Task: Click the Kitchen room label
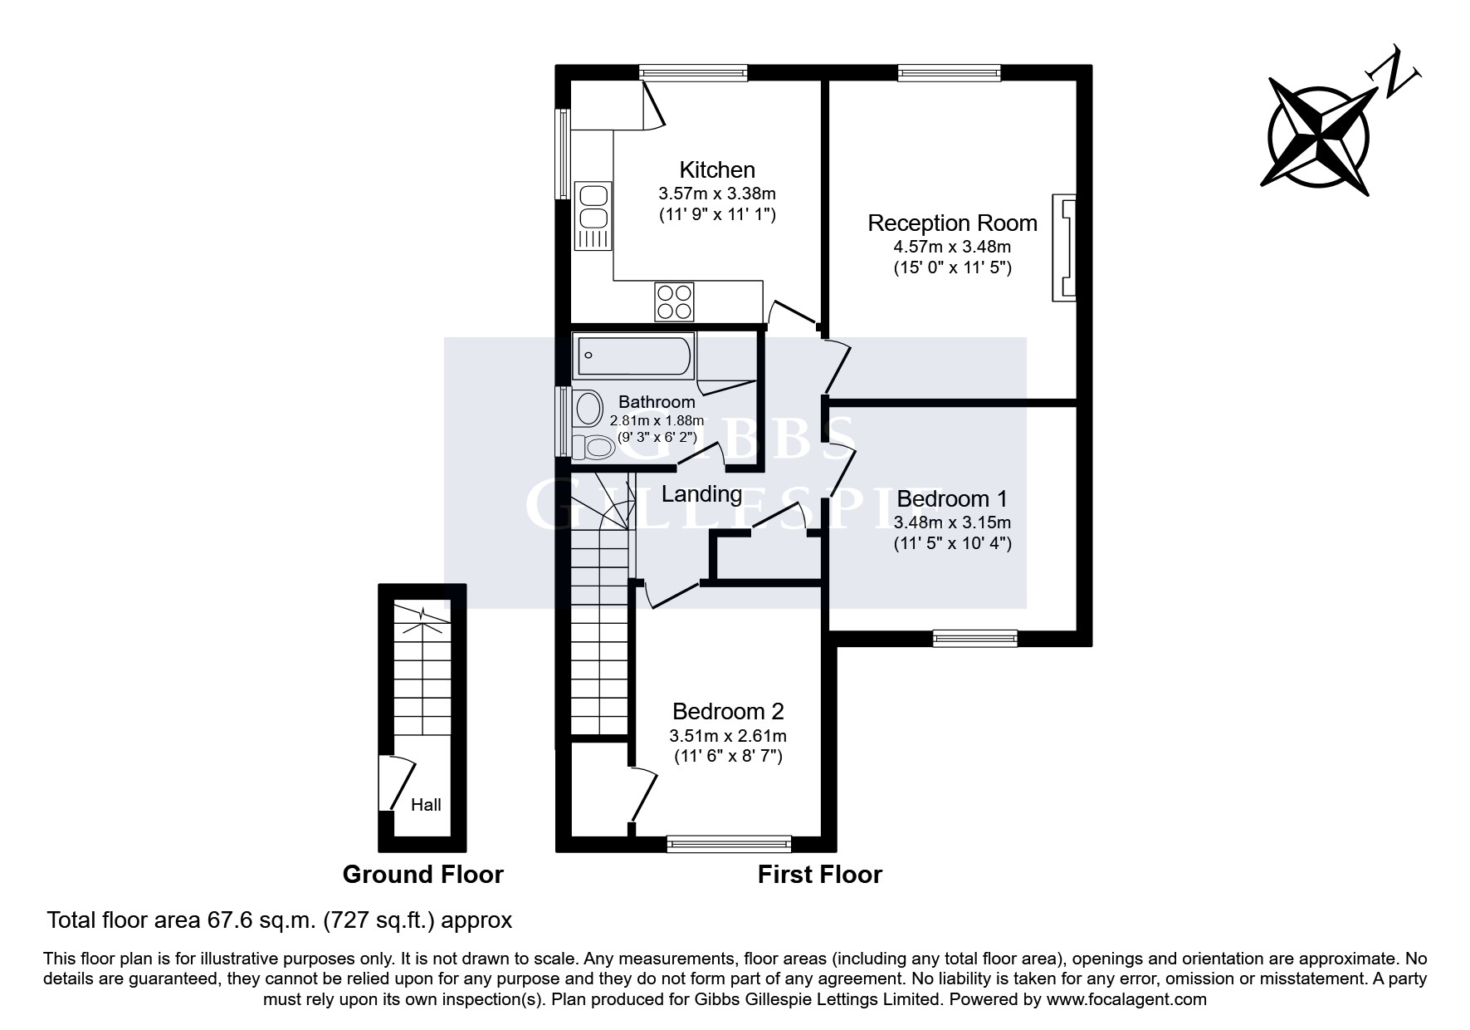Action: [717, 170]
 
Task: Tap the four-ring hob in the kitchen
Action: [674, 302]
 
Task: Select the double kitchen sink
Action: [593, 208]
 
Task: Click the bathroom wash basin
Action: [589, 408]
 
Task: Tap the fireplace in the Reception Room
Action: [1064, 248]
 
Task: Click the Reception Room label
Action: [952, 223]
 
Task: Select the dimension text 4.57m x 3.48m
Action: [952, 247]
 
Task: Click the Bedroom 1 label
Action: [952, 499]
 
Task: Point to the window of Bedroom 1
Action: [974, 638]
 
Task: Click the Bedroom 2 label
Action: [728, 712]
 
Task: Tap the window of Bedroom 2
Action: [729, 845]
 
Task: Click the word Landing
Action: [701, 494]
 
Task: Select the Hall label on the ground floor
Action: [426, 805]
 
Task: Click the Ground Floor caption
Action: [422, 875]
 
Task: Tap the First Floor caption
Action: [819, 875]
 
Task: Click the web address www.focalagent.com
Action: [1126, 1000]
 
